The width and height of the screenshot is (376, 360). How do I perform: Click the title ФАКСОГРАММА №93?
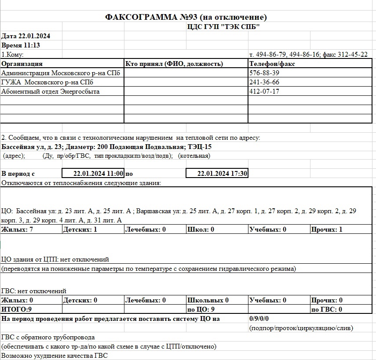186,17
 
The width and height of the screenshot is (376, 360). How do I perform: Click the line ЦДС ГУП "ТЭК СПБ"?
223,27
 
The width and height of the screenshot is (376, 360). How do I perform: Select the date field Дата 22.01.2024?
26,36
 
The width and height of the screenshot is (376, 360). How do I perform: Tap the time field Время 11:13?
21,45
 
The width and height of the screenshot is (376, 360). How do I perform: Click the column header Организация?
22,64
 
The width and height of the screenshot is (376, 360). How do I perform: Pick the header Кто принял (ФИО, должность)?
175,64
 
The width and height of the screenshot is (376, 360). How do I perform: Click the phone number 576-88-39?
264,73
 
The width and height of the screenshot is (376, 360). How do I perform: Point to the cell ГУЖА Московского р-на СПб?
47,82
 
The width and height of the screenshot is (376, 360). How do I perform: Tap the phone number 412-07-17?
264,91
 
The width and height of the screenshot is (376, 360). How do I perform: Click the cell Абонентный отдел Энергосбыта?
51,91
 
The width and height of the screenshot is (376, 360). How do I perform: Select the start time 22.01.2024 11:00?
99,173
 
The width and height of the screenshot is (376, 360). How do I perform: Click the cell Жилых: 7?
15,229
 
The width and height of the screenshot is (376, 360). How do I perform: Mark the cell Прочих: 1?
327,229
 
